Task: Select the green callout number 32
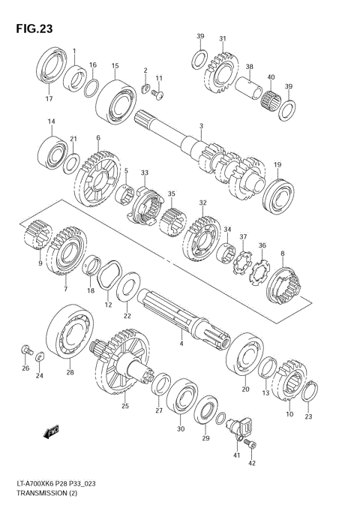coord(202,203)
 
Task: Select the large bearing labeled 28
coord(69,331)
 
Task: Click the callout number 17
coord(49,99)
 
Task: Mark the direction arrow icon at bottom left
coord(52,431)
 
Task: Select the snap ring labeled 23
coord(310,389)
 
